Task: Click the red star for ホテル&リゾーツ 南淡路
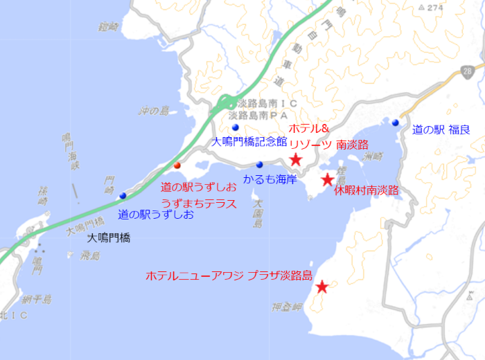coord(296,160)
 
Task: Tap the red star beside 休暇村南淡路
coord(327,181)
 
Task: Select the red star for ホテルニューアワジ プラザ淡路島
coord(322,287)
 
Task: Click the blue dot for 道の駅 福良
coord(395,123)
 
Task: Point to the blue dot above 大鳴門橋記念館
coord(236,128)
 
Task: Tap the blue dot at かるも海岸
coord(259,165)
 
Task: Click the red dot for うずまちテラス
coord(177,165)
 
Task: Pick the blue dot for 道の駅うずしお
coord(123,195)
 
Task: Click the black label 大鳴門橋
coord(109,237)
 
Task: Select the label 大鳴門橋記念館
coord(249,142)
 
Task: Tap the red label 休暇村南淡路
coord(367,190)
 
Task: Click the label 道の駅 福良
coord(441,129)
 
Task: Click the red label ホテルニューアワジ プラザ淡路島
coord(229,275)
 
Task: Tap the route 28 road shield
coord(469,71)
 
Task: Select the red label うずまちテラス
coord(199,204)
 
